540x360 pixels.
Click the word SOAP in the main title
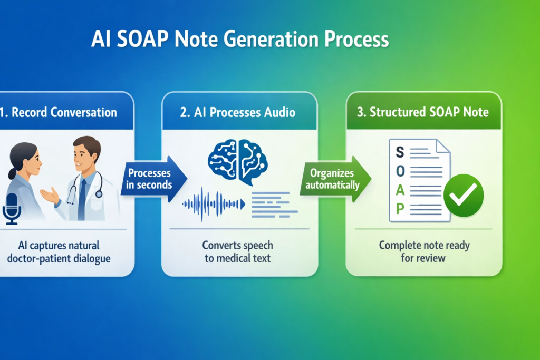(142, 39)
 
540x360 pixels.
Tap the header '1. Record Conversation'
(59, 112)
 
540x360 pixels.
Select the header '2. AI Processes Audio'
(238, 112)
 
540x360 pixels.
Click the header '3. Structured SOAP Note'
(422, 112)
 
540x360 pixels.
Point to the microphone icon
(12, 209)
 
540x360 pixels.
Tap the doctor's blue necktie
(82, 199)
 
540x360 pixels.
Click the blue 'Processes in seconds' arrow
(153, 179)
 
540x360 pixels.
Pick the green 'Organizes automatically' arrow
(335, 179)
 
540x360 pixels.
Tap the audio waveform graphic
(214, 205)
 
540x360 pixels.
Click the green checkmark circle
(463, 195)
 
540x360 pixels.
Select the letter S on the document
(400, 152)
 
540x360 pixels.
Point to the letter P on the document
(400, 209)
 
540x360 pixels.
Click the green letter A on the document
(400, 190)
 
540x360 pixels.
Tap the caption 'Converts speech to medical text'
(238, 251)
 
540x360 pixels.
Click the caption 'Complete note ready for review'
(424, 251)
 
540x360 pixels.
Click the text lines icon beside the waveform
(274, 205)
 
